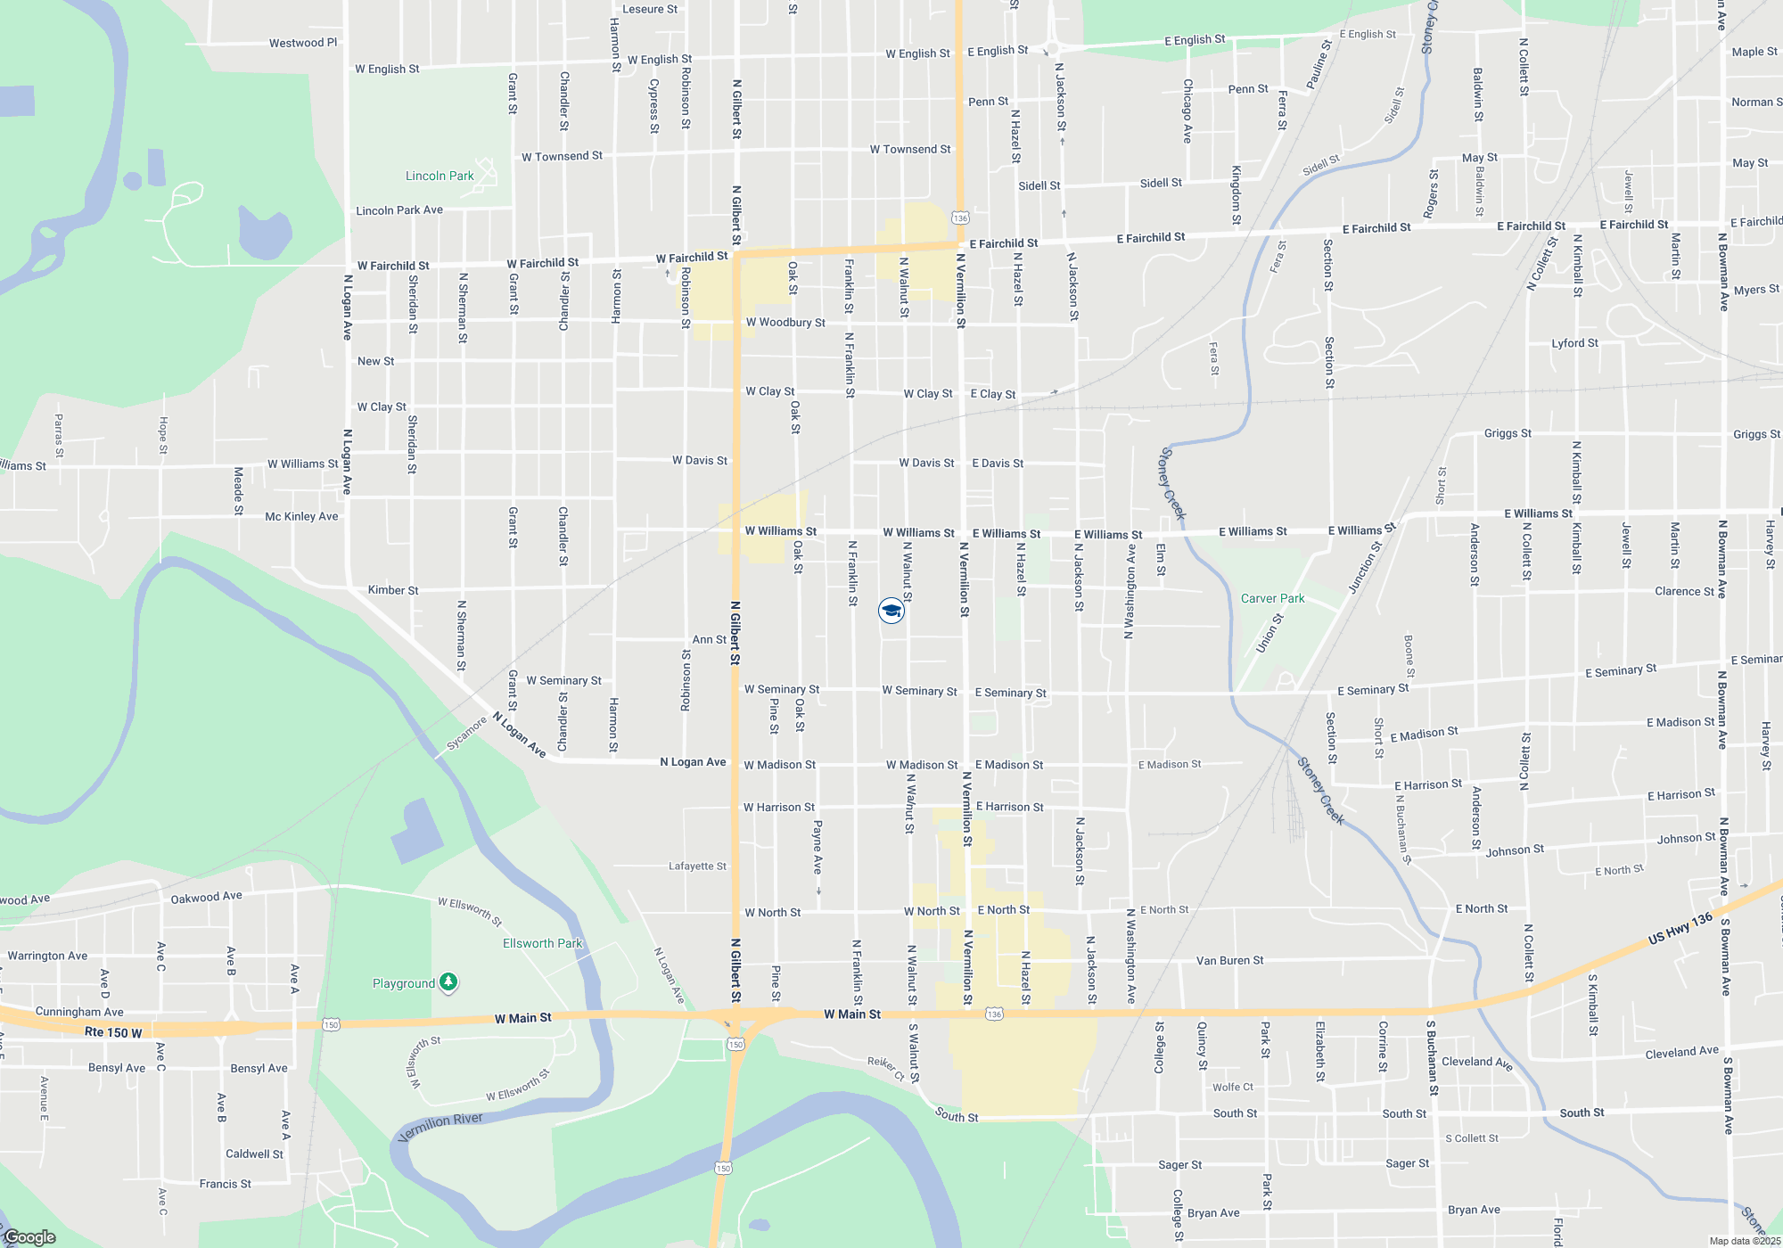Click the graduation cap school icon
point(891,611)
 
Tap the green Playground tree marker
point(448,982)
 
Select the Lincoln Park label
point(440,176)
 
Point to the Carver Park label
point(1272,598)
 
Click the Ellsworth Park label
point(542,943)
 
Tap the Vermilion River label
point(440,1127)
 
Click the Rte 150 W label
point(113,1032)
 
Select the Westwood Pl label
point(303,43)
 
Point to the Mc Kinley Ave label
point(301,516)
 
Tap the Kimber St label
point(393,590)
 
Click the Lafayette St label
point(697,866)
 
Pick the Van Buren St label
point(1229,960)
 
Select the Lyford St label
point(1574,343)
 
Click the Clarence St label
point(1684,591)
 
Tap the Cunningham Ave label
point(79,1012)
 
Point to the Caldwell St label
point(254,1154)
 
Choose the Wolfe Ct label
point(1232,1087)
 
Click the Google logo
point(30,1237)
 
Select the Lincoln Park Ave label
point(399,210)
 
